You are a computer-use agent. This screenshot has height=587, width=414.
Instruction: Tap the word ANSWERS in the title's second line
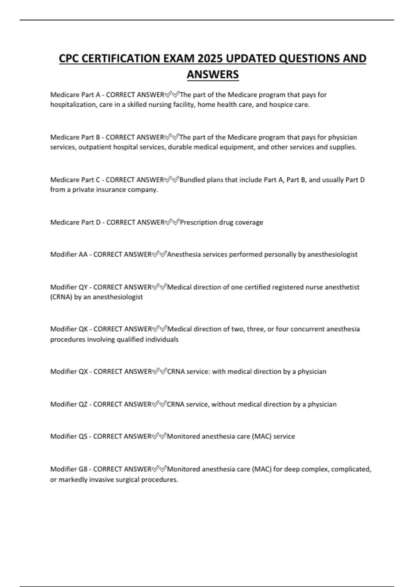213,75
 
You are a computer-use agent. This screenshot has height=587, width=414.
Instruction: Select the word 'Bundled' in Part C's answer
192,180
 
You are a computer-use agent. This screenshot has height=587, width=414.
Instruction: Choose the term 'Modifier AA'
69,254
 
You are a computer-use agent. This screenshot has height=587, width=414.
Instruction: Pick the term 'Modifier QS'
69,436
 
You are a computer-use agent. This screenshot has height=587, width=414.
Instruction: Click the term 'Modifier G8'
69,469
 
